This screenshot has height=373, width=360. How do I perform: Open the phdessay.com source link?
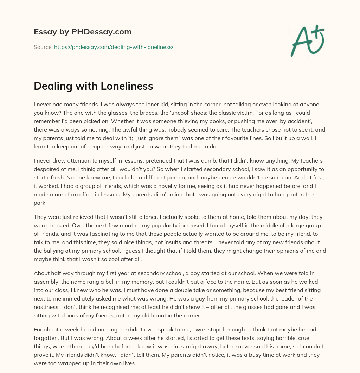(x=114, y=47)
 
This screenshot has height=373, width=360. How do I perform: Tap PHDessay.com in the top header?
(x=101, y=32)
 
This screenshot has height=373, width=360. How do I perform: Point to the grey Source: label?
(x=43, y=47)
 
